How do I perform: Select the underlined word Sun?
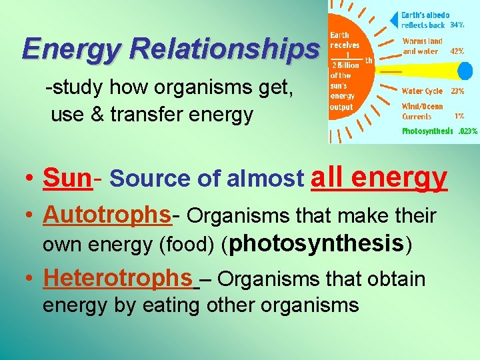coord(67,178)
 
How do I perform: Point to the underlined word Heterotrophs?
coord(118,277)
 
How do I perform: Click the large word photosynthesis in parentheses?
coord(317,243)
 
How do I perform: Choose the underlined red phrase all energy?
coord(379,177)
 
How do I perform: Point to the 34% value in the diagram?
coord(457,25)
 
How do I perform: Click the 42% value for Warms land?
coord(457,51)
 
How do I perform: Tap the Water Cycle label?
coord(422,91)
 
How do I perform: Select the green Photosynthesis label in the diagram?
coord(427,131)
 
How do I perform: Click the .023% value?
coord(467,131)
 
